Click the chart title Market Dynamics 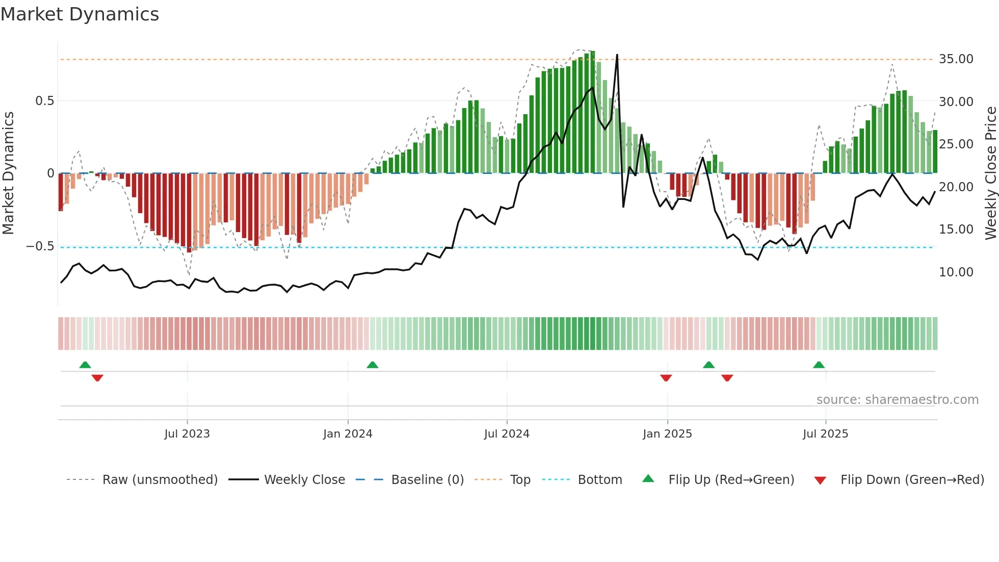pyautogui.click(x=80, y=14)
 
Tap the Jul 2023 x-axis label pyautogui.click(x=187, y=434)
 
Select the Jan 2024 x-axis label pyautogui.click(x=348, y=434)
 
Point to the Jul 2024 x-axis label pyautogui.click(x=507, y=434)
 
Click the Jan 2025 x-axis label pyautogui.click(x=667, y=434)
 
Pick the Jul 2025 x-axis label pyautogui.click(x=825, y=434)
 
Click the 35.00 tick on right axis pyautogui.click(x=956, y=59)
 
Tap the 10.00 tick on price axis pyautogui.click(x=956, y=272)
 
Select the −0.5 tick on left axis pyautogui.click(x=40, y=246)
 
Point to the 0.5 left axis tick pyautogui.click(x=44, y=101)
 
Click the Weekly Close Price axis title pyautogui.click(x=990, y=173)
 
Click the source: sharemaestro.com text pyautogui.click(x=897, y=400)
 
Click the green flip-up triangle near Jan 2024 pyautogui.click(x=373, y=365)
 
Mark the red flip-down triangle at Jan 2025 pyautogui.click(x=666, y=378)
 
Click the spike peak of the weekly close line pyautogui.click(x=617, y=55)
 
